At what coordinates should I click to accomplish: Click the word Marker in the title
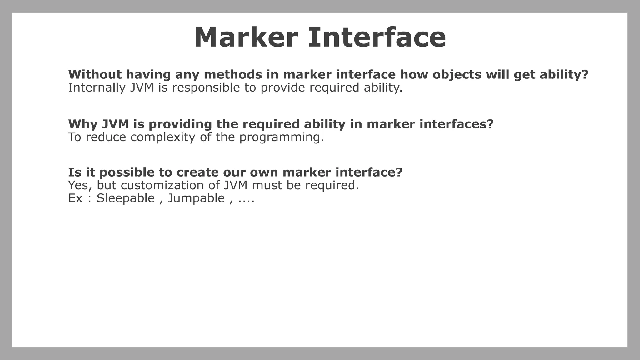pyautogui.click(x=246, y=37)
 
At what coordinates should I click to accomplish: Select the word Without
pyautogui.click(x=95, y=74)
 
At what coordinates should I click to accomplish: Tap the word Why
pyautogui.click(x=83, y=124)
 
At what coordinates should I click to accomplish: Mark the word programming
pyautogui.click(x=282, y=137)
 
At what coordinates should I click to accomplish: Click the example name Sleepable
pyautogui.click(x=126, y=198)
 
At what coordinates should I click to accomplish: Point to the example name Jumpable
pyautogui.click(x=196, y=198)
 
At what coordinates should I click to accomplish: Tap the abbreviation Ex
pyautogui.click(x=75, y=198)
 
